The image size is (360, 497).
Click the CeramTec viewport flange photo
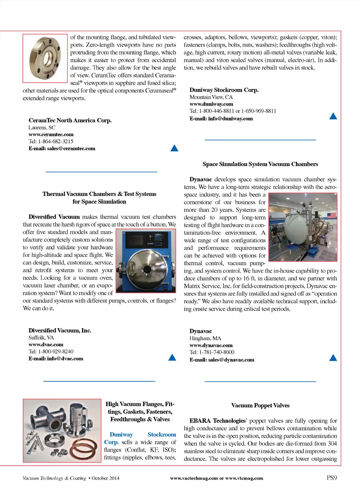click(x=45, y=58)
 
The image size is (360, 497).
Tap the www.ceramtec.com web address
click(x=51, y=134)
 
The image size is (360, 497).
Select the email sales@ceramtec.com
click(x=62, y=148)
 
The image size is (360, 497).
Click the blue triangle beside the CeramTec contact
click(x=174, y=148)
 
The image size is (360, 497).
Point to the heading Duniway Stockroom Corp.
click(x=224, y=90)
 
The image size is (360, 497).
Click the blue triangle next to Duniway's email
click(x=333, y=116)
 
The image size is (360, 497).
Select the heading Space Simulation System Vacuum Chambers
click(x=260, y=164)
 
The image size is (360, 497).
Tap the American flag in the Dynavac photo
click(x=332, y=215)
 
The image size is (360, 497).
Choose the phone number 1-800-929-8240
click(x=51, y=351)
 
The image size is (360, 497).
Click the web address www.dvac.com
click(x=46, y=345)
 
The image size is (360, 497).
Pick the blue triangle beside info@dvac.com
click(x=172, y=358)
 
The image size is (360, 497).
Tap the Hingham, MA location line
click(x=205, y=338)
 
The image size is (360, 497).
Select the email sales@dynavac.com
click(x=222, y=360)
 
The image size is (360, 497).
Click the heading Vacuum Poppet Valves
click(x=260, y=406)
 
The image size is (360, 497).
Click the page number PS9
click(x=332, y=478)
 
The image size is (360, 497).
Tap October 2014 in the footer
click(x=105, y=478)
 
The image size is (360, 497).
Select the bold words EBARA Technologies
click(x=217, y=421)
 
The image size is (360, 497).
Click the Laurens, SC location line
click(x=42, y=128)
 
